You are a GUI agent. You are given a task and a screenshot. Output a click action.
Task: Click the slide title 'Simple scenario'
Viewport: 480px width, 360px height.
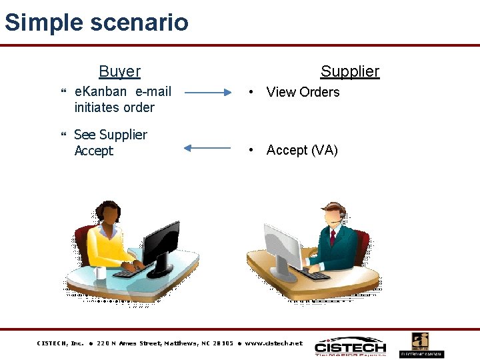(97, 23)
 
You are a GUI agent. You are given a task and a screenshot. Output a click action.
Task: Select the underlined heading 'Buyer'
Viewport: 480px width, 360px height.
(119, 71)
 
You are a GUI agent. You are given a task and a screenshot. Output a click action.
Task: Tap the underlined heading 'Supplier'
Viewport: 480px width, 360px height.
(349, 71)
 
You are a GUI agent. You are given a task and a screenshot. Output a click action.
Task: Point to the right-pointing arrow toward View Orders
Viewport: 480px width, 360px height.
(208, 93)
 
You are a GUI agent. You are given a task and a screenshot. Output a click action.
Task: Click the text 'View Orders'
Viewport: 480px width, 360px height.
(303, 92)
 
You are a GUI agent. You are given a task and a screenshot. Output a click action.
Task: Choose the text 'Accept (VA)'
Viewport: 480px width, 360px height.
(302, 150)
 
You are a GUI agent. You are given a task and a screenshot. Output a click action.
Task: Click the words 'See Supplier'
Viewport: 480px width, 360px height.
(111, 135)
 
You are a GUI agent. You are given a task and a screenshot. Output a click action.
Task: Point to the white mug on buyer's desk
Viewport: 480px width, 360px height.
(101, 272)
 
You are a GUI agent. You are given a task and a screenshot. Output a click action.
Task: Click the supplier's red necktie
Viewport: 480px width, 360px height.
(332, 237)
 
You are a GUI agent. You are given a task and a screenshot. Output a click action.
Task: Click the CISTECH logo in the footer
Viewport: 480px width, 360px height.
(350, 347)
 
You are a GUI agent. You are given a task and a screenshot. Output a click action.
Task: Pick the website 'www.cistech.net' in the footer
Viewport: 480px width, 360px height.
(273, 343)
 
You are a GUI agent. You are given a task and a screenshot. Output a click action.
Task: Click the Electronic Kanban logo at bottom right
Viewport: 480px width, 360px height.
(421, 345)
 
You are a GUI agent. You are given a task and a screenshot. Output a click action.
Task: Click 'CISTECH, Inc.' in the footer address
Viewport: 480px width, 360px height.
(60, 343)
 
